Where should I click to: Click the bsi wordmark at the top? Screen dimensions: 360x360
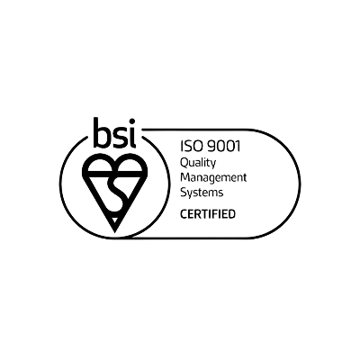(114, 132)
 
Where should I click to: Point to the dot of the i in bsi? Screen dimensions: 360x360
(131, 121)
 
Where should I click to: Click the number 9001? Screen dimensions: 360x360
(224, 147)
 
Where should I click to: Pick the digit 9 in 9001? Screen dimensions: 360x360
(211, 147)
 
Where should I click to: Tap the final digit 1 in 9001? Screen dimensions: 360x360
(238, 147)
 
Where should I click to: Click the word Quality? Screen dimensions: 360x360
(198, 164)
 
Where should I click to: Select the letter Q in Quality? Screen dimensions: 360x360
(184, 163)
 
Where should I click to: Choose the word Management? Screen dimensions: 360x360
(213, 178)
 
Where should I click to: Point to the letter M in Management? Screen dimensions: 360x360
(185, 177)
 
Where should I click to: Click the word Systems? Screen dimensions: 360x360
(202, 193)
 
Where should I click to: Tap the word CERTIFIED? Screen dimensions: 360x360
(208, 214)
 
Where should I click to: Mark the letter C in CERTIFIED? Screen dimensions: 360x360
(184, 214)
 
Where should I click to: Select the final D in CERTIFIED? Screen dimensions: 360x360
(231, 214)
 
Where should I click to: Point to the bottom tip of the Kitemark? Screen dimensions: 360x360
(115, 232)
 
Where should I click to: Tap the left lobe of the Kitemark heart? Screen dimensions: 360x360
(98, 166)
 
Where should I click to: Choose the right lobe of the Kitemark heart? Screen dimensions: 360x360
(131, 166)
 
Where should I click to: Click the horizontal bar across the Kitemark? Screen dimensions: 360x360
(115, 173)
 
